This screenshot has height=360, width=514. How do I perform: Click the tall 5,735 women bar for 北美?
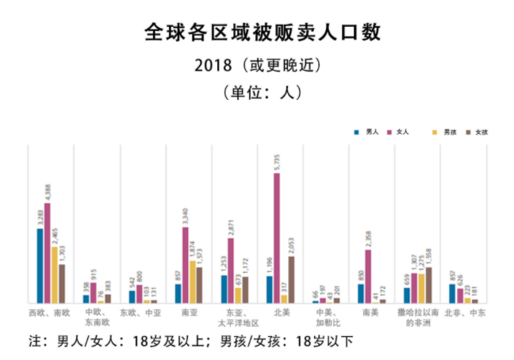(277, 238)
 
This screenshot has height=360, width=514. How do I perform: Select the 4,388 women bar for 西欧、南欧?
(48, 254)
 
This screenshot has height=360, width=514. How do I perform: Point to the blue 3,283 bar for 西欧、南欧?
(40, 266)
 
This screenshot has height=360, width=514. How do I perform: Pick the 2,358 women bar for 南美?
(368, 277)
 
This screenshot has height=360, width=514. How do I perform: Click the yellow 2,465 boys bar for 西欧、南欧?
(55, 274)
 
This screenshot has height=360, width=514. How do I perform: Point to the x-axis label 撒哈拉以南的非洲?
(417, 318)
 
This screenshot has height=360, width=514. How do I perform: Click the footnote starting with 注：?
(190, 343)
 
